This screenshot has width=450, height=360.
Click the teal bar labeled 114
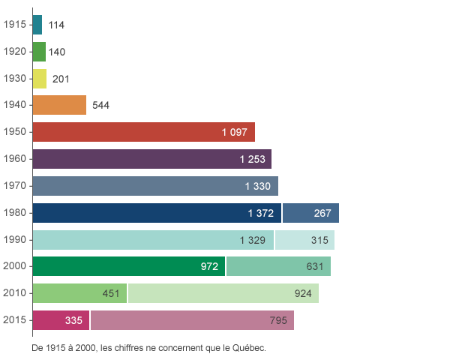coord(38,25)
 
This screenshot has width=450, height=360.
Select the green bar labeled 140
coord(40,52)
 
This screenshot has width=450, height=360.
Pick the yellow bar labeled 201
coord(40,79)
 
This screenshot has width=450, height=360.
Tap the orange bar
coord(60,105)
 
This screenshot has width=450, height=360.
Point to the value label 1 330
coord(257,186)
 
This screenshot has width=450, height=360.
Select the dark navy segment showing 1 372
coord(157,213)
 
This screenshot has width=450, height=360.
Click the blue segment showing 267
coord(310,213)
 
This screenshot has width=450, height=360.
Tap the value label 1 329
coord(252,240)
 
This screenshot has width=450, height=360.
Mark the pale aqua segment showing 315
coord(304,240)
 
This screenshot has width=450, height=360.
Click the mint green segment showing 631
coord(278,266)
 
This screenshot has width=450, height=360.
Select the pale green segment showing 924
coord(223,293)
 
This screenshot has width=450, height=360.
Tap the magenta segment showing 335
coord(61,320)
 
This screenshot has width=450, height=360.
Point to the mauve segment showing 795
coord(192,320)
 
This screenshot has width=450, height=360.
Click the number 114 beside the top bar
coord(56,25)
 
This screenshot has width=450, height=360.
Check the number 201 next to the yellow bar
coord(61,79)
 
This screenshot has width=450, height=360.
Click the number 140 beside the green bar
coord(57,52)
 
